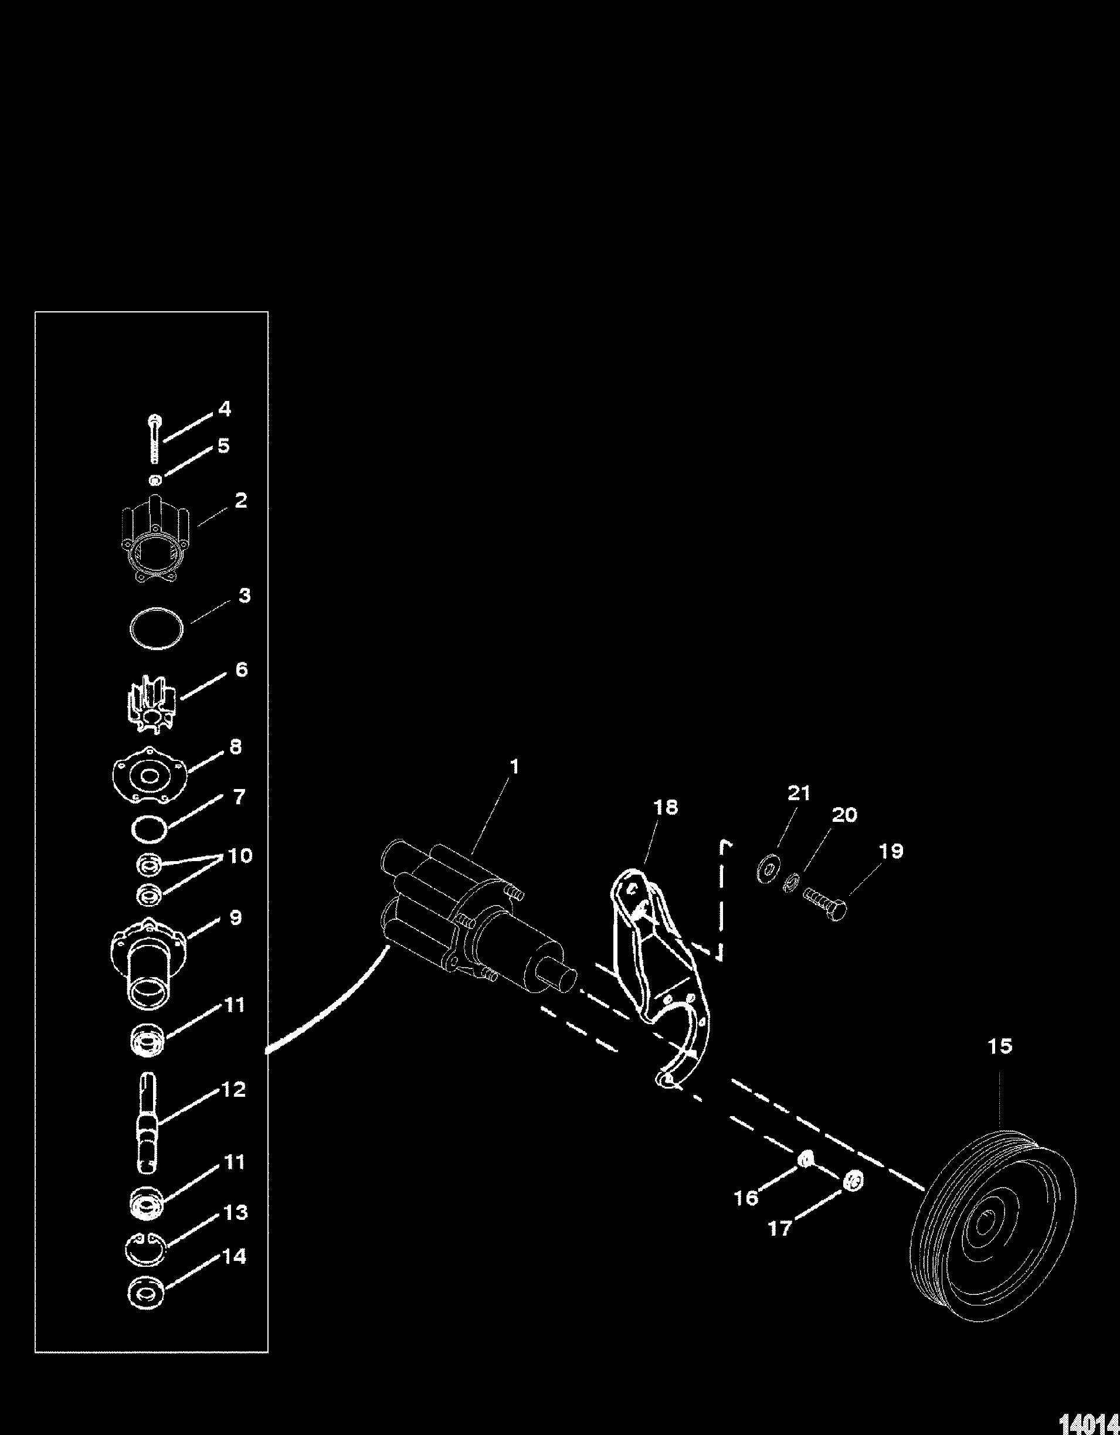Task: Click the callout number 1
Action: tap(515, 767)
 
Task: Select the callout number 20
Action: tap(844, 815)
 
